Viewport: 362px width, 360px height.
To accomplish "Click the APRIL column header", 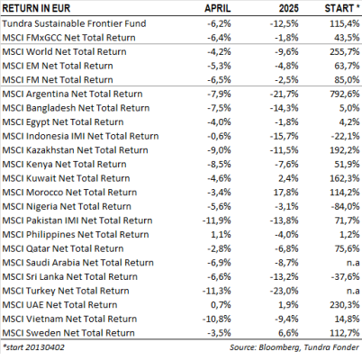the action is coord(218,8).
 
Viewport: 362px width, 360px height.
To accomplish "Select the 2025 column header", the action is coord(288,8).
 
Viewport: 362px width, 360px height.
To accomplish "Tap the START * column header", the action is coord(342,8).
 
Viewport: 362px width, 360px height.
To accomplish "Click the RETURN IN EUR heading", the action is coord(36,8).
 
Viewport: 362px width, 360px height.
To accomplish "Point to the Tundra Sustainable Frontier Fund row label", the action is coord(74,23).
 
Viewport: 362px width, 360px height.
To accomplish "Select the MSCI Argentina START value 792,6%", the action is coord(345,94).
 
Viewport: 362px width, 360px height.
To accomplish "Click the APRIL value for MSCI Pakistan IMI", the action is coord(217,220).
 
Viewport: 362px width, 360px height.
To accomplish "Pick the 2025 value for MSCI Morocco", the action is coord(285,193).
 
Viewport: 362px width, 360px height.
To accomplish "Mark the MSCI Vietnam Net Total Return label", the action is coord(69,319).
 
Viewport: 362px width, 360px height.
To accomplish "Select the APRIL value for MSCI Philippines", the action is coord(221,235).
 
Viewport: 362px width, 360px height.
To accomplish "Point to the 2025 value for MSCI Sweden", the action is coord(288,333).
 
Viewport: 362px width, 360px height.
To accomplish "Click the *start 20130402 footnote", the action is coord(33,347).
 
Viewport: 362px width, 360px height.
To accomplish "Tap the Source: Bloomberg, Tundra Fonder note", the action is coord(294,347).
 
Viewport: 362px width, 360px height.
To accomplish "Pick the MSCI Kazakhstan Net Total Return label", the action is coord(75,150).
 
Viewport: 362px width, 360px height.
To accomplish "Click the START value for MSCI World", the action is coord(345,51).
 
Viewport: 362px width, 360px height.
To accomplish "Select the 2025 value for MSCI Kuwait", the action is coord(288,178).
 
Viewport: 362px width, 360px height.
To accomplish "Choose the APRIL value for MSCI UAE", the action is coord(221,305).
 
